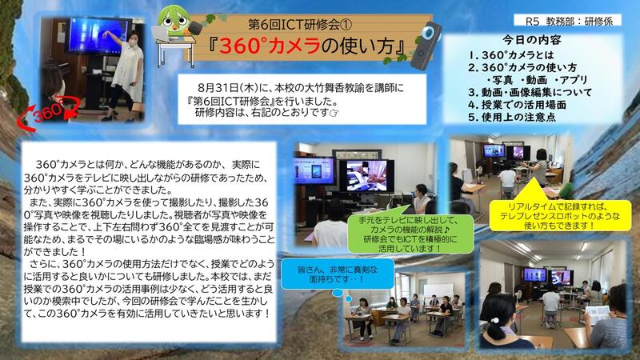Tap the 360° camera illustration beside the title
[x=426, y=46]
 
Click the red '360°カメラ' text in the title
[x=270, y=46]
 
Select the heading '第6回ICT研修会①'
[x=300, y=25]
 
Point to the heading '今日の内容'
[x=531, y=40]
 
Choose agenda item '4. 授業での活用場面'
[x=517, y=105]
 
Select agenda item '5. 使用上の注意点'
[x=511, y=118]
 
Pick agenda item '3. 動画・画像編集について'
[x=530, y=92]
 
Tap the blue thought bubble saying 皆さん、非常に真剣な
[x=337, y=274]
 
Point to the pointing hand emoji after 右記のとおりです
[x=334, y=112]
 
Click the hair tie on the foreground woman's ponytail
[x=495, y=320]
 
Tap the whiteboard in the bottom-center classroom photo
[x=438, y=290]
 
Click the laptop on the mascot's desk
[x=162, y=34]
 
